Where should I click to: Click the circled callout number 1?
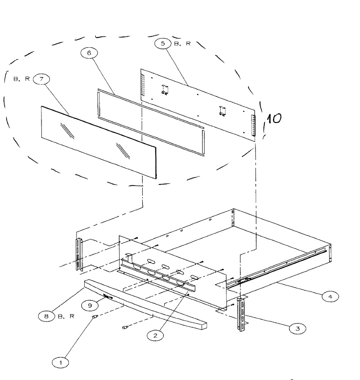61,362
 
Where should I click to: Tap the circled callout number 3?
298,329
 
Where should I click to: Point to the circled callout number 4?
330,297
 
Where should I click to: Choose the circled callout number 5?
163,44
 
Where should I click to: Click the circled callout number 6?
89,53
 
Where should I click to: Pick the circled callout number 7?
41,79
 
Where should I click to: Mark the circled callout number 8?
47,316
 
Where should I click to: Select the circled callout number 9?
90,305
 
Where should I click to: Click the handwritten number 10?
273,118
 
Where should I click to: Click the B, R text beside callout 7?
22,79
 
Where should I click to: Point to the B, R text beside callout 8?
66,316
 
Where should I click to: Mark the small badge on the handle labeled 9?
108,297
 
